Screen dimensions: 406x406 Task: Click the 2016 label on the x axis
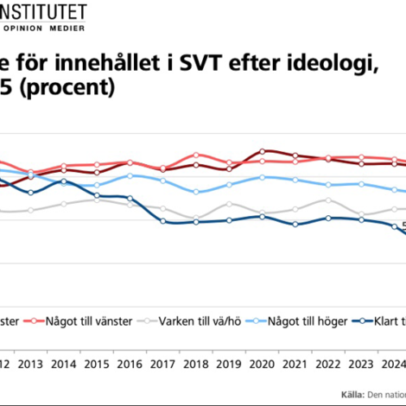coord(130,365)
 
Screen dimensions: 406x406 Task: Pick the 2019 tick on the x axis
coord(229,365)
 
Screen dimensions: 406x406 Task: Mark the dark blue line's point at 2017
coord(163,222)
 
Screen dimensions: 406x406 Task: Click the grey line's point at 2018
coord(196,218)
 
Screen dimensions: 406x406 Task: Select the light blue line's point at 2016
coord(130,175)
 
